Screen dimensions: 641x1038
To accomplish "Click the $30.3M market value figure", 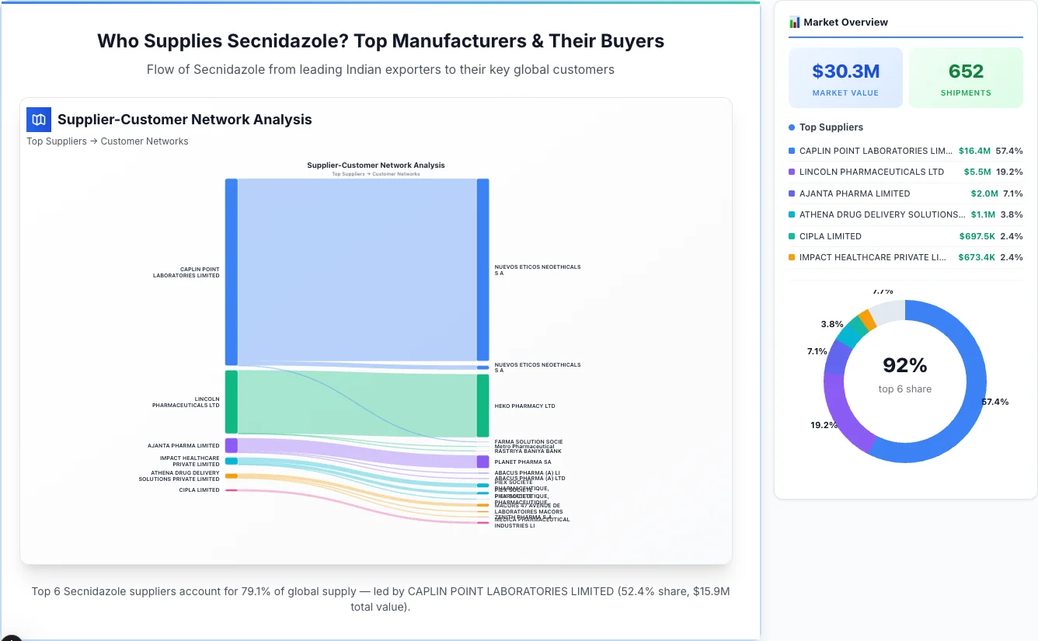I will (x=845, y=71).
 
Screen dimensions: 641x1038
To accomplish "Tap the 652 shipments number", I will (x=966, y=71).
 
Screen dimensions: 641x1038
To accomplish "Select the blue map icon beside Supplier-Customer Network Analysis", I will (x=38, y=120).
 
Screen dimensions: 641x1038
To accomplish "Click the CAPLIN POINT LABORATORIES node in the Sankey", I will (x=231, y=272).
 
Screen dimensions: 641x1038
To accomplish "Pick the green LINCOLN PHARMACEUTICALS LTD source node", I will (x=231, y=402).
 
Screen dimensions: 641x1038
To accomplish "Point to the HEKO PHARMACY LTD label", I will (x=524, y=406).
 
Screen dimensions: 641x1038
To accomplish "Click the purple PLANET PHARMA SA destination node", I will (x=482, y=462).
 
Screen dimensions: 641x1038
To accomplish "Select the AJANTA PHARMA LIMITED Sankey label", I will (x=183, y=446).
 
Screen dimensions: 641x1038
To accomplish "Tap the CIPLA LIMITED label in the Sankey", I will (x=199, y=490).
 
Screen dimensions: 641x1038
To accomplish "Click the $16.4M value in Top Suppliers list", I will (x=974, y=151).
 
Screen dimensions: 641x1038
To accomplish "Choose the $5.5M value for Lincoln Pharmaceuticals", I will (x=977, y=172).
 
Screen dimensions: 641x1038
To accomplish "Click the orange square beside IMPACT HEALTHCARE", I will (x=792, y=257).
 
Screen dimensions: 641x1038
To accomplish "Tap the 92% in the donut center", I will (x=905, y=365).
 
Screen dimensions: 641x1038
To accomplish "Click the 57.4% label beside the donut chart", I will (x=995, y=402).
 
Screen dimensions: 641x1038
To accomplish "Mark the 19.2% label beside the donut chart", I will (x=824, y=425).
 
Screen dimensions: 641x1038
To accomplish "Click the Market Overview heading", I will (x=845, y=23).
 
